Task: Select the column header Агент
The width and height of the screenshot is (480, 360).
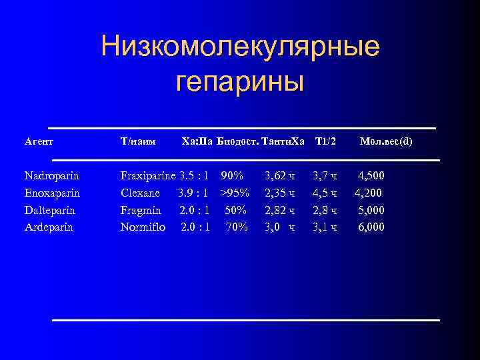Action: pyautogui.click(x=39, y=141)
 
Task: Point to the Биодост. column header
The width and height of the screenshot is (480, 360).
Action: pyautogui.click(x=237, y=141)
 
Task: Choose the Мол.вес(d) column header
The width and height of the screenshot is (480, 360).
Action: pyautogui.click(x=386, y=141)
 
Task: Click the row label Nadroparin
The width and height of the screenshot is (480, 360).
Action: pyautogui.click(x=51, y=177)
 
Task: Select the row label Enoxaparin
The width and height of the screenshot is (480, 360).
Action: pyautogui.click(x=51, y=193)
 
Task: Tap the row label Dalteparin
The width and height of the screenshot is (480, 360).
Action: pyautogui.click(x=49, y=210)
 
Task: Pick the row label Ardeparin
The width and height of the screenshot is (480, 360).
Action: pyautogui.click(x=49, y=227)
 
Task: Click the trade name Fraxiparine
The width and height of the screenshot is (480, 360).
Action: pyautogui.click(x=148, y=177)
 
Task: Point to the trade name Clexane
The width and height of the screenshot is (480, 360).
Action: pyautogui.click(x=140, y=193)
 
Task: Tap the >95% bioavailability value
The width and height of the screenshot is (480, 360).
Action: pyautogui.click(x=235, y=193)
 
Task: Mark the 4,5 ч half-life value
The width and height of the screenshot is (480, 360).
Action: pyautogui.click(x=325, y=193)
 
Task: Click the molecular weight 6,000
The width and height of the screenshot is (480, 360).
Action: pyautogui.click(x=371, y=227)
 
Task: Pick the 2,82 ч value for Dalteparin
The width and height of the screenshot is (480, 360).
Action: pyautogui.click(x=279, y=210)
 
